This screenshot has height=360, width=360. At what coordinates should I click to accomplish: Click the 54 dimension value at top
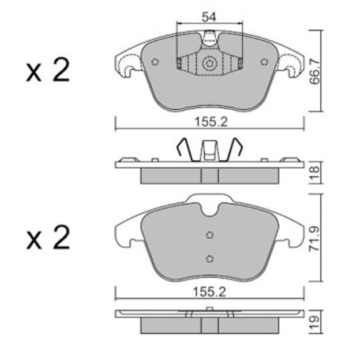click(209, 18)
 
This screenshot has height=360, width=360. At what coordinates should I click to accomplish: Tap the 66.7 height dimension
click(315, 72)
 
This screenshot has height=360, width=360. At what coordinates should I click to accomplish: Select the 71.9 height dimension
click(315, 239)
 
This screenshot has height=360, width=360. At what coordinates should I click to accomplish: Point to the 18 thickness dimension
click(315, 173)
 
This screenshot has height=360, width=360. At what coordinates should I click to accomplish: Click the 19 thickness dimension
click(315, 323)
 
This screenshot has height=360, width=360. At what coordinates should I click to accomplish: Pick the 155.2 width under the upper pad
click(211, 122)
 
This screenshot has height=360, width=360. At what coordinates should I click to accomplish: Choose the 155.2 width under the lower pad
click(209, 292)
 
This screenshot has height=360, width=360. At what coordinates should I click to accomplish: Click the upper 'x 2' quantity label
click(48, 70)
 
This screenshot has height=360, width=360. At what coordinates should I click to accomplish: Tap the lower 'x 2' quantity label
click(48, 237)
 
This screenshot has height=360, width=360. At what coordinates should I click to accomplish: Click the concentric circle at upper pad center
click(209, 63)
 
